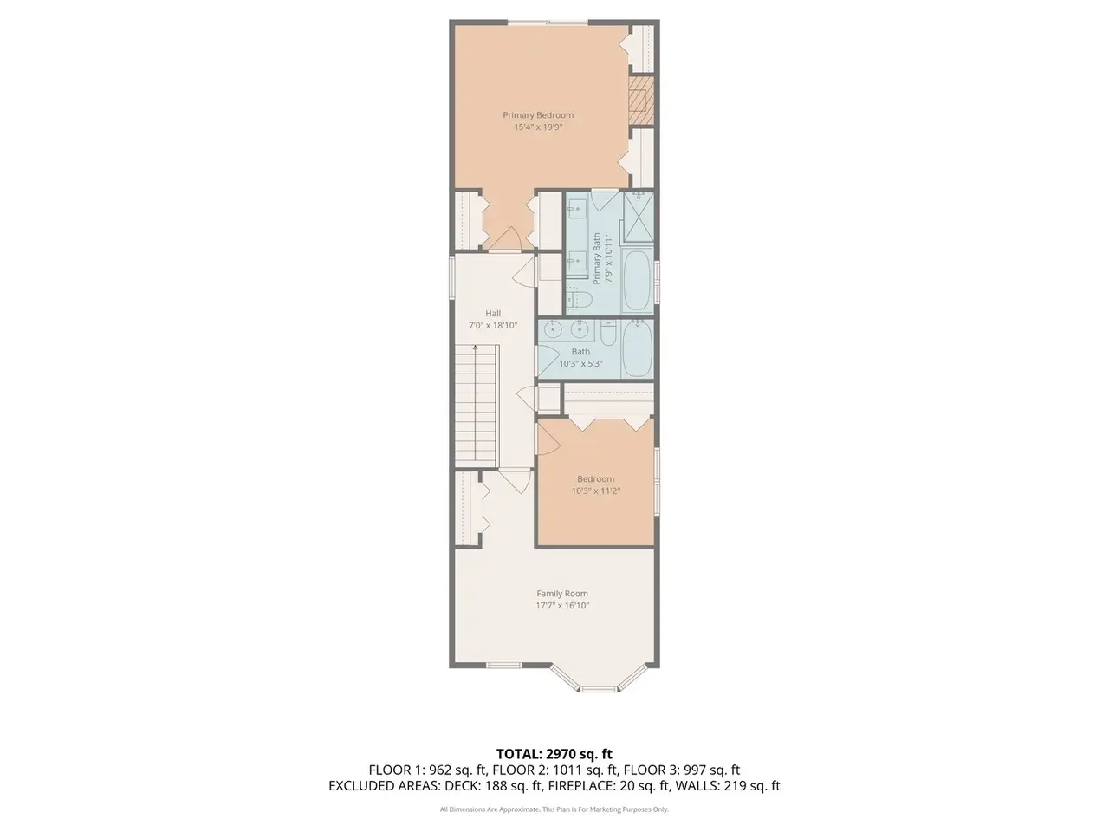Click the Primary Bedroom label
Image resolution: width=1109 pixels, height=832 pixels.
tap(537, 115)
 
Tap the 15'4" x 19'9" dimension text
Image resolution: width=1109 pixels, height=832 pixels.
tap(537, 127)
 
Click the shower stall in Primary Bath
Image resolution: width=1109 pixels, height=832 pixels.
tap(639, 218)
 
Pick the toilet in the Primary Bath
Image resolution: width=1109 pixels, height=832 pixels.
tap(579, 299)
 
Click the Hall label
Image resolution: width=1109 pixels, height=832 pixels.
tap(493, 313)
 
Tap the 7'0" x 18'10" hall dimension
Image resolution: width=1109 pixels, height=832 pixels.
tap(493, 325)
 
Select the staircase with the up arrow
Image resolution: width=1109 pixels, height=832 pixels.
tap(477, 406)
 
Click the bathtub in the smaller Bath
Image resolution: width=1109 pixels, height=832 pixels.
tap(638, 349)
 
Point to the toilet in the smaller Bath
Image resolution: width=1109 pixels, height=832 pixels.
tap(608, 331)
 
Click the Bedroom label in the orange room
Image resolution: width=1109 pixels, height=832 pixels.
tap(596, 479)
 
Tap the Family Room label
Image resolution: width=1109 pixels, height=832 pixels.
tap(561, 594)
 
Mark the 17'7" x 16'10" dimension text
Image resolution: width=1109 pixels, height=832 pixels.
tap(562, 606)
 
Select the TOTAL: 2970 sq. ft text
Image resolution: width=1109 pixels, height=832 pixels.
tap(554, 754)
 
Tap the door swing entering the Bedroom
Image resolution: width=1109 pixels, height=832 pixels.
tap(548, 439)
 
